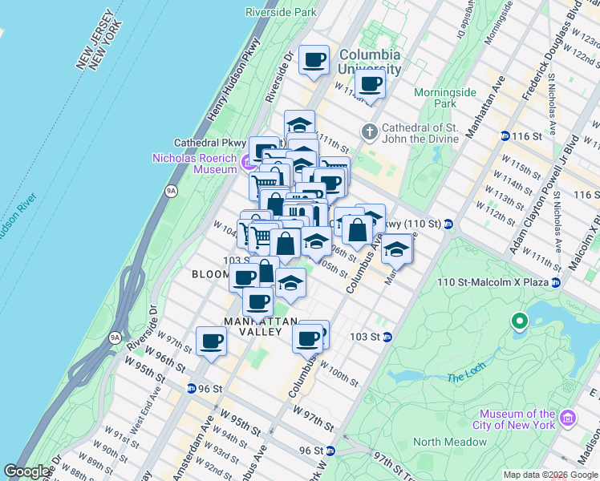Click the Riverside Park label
point(281,13)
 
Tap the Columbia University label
point(369,61)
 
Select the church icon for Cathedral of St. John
point(369,131)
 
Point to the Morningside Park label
point(445,98)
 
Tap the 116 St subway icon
point(505,137)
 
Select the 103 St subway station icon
point(387,337)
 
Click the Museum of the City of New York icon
point(568,417)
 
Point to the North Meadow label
point(450,442)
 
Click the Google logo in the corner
point(27,471)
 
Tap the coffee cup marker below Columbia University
point(370,83)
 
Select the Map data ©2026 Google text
point(550,475)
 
